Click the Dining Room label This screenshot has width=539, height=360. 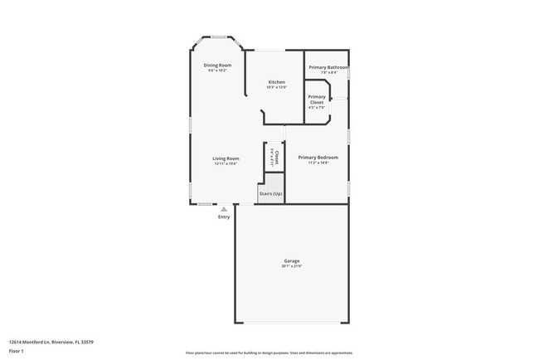(219, 65)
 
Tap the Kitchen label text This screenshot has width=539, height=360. (277, 81)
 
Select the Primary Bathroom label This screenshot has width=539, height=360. (328, 67)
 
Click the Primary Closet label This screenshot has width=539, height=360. (317, 99)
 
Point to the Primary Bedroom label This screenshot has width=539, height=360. (318, 157)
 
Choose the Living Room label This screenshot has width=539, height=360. (226, 158)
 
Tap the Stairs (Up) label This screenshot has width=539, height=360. (271, 193)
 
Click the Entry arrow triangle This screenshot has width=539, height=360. (224, 209)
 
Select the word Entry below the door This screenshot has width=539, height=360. (224, 217)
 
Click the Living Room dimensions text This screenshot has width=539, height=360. (226, 163)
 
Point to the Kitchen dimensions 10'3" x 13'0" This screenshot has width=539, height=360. (277, 87)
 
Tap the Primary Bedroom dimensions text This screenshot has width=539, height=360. (318, 163)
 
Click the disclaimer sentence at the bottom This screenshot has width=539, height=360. (269, 352)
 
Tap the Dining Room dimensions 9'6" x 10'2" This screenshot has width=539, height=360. (219, 71)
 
